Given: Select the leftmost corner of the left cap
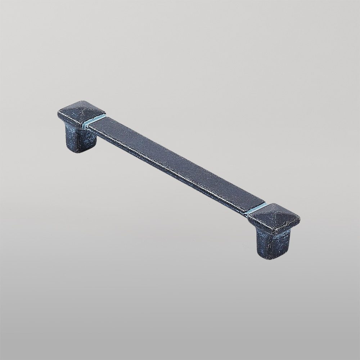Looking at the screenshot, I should pyautogui.click(x=58, y=110).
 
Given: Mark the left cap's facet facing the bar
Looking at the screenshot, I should pyautogui.click(x=93, y=114).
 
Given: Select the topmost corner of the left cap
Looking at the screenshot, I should pyautogui.click(x=84, y=100).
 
